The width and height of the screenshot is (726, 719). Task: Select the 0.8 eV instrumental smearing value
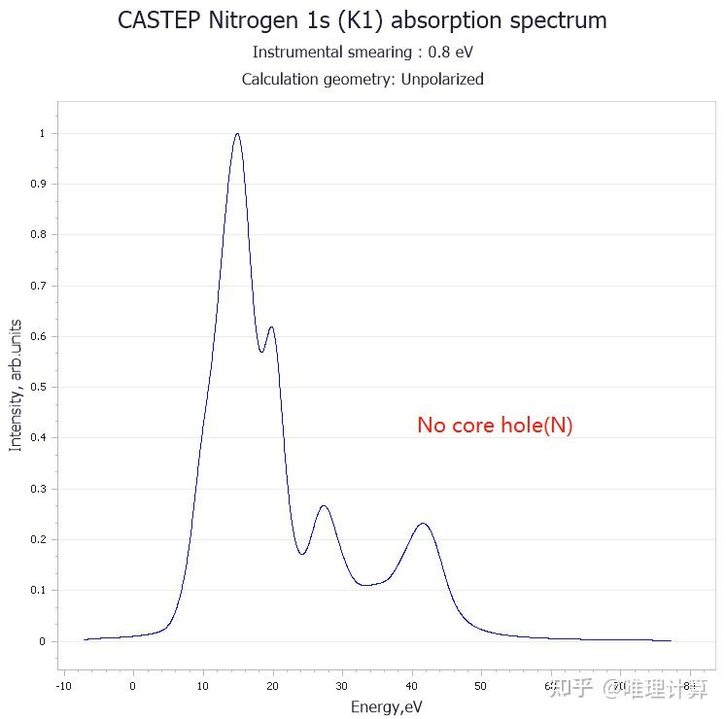pos(451,52)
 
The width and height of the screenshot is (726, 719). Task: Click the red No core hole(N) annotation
pos(495,426)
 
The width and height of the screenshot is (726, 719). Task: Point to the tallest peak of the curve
pos(236,134)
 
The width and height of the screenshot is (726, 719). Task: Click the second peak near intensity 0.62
pos(271,327)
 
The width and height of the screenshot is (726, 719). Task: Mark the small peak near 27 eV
pos(324,506)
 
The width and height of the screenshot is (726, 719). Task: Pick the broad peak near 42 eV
pos(423,524)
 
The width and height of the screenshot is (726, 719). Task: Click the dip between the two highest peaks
pos(261,352)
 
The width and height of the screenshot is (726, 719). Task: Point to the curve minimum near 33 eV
pos(364,585)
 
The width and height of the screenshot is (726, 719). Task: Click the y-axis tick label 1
pos(42,133)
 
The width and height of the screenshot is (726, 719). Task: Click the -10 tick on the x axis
pos(63,685)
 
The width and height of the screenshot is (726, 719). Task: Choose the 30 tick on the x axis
pos(341,685)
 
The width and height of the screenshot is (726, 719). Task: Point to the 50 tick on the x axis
pos(480,685)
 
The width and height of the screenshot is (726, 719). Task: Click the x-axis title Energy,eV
pos(387,706)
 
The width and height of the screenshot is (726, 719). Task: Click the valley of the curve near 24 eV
pos(302,554)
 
